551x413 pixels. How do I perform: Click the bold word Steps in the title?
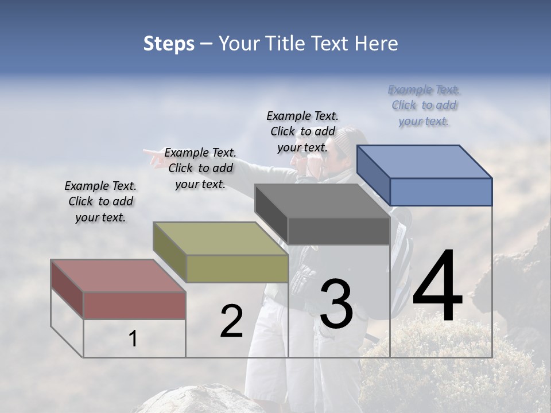(169, 44)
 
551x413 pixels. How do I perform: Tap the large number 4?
(437, 287)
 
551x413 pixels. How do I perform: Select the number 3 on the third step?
(336, 304)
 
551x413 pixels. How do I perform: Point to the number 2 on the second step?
(231, 321)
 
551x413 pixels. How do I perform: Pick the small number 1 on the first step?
(133, 339)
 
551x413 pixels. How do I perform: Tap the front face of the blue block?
(441, 192)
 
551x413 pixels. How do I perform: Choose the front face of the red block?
(134, 305)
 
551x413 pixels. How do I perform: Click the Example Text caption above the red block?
(100, 202)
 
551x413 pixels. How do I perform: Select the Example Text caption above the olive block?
(200, 168)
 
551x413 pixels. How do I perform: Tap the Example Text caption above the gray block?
(302, 131)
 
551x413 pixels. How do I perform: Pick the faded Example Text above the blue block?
(424, 105)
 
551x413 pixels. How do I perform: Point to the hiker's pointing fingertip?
(145, 152)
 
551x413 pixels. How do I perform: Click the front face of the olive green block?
(237, 268)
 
